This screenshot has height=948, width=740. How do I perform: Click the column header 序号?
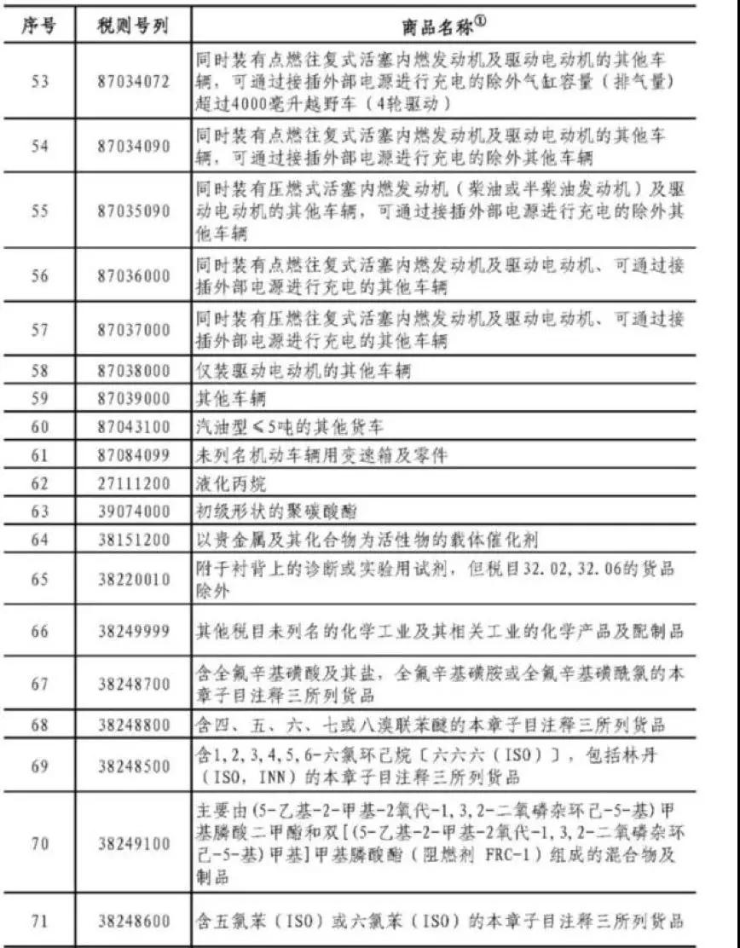[38, 26]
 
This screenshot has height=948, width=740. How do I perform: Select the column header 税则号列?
[133, 26]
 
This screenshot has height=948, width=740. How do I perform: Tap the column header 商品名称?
[443, 26]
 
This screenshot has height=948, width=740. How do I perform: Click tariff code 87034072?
[133, 82]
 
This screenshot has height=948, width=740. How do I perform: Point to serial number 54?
[38, 146]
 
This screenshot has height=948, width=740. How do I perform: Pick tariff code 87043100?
[133, 426]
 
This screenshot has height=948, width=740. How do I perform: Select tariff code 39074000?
[133, 512]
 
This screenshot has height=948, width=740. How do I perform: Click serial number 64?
[38, 540]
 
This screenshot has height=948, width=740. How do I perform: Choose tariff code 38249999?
[133, 631]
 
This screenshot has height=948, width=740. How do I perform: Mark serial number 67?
[38, 683]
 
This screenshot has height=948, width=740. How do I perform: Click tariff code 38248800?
[133, 725]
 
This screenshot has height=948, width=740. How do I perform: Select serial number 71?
[38, 921]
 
